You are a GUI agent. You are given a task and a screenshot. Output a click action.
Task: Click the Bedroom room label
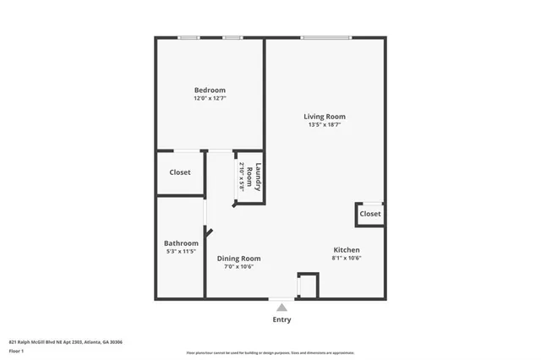(x=210, y=90)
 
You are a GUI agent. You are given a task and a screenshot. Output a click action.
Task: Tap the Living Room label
(x=325, y=117)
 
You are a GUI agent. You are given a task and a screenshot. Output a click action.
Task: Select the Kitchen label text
(x=347, y=250)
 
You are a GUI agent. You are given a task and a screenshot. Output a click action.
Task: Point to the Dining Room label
(x=239, y=259)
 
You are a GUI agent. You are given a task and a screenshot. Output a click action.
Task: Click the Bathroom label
(x=181, y=243)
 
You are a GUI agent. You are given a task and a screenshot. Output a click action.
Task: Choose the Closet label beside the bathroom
(x=180, y=172)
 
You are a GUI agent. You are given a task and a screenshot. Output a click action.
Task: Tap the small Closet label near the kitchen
(x=370, y=214)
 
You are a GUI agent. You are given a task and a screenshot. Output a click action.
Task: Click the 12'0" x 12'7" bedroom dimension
(x=210, y=98)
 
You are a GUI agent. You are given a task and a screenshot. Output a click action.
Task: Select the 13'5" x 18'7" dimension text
(x=325, y=125)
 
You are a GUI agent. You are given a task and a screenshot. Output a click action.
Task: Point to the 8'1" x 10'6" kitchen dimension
(x=347, y=259)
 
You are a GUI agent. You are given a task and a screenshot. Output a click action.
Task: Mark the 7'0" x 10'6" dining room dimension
(x=239, y=267)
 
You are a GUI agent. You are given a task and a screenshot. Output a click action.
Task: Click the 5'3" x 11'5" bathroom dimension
(x=181, y=251)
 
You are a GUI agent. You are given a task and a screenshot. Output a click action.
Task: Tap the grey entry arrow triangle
(x=281, y=308)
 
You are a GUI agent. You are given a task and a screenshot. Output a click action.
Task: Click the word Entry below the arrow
(x=281, y=319)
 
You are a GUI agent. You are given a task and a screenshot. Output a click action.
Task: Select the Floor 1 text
(x=16, y=350)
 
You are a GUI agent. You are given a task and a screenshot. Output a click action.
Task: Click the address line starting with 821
(x=66, y=341)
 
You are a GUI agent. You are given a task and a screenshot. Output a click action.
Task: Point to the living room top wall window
(x=326, y=37)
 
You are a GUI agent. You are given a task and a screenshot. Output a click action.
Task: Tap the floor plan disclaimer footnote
(x=270, y=353)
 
